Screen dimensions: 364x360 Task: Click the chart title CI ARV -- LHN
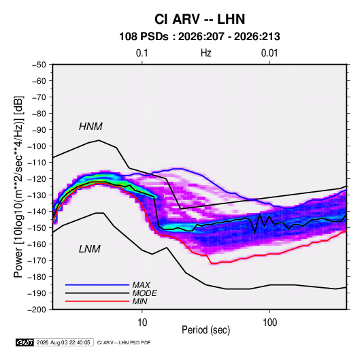point(199,19)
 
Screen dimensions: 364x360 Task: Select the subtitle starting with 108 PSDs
point(199,37)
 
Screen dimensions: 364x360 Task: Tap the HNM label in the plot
point(90,127)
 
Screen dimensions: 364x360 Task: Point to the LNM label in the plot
point(90,249)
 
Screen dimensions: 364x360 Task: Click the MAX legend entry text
point(141,284)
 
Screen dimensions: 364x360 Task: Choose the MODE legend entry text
point(145,293)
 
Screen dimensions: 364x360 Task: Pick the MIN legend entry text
point(139,301)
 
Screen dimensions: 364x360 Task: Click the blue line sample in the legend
point(97,284)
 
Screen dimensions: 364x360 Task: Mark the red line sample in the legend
point(97,301)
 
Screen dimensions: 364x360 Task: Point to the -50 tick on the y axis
point(39,65)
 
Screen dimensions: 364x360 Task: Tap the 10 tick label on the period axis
point(142,323)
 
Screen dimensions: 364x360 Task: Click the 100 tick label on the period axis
point(269,323)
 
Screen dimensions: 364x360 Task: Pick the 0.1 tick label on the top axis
point(142,53)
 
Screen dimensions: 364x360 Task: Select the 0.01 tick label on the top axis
point(269,53)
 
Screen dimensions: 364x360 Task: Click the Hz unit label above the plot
point(206,53)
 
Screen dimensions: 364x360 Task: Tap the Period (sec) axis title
point(206,330)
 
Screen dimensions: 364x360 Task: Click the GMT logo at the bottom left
point(24,342)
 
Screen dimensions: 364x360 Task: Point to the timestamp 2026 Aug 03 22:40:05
point(63,342)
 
